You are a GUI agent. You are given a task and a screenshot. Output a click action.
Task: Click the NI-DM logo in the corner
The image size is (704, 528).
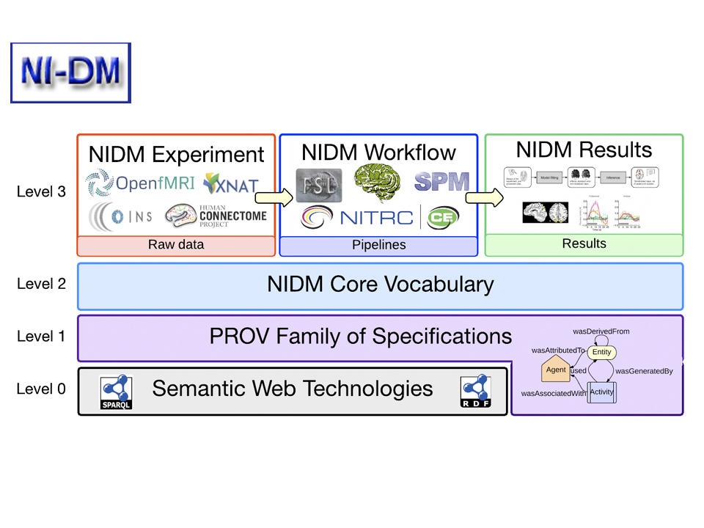[70, 73]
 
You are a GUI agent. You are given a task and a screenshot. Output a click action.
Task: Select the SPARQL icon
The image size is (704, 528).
[116, 390]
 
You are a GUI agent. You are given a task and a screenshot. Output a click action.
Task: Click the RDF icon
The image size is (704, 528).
[474, 390]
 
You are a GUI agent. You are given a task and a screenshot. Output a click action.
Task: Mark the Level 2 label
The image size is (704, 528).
[41, 285]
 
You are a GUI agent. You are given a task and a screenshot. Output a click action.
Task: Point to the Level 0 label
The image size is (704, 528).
[41, 389]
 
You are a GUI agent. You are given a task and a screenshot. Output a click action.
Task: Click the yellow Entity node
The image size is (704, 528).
[601, 353]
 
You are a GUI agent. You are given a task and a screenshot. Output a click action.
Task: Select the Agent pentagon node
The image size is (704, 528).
[555, 370]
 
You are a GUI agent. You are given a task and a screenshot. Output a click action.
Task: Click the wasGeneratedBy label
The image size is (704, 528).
[644, 371]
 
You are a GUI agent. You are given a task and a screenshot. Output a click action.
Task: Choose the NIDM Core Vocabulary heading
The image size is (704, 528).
[380, 285]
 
